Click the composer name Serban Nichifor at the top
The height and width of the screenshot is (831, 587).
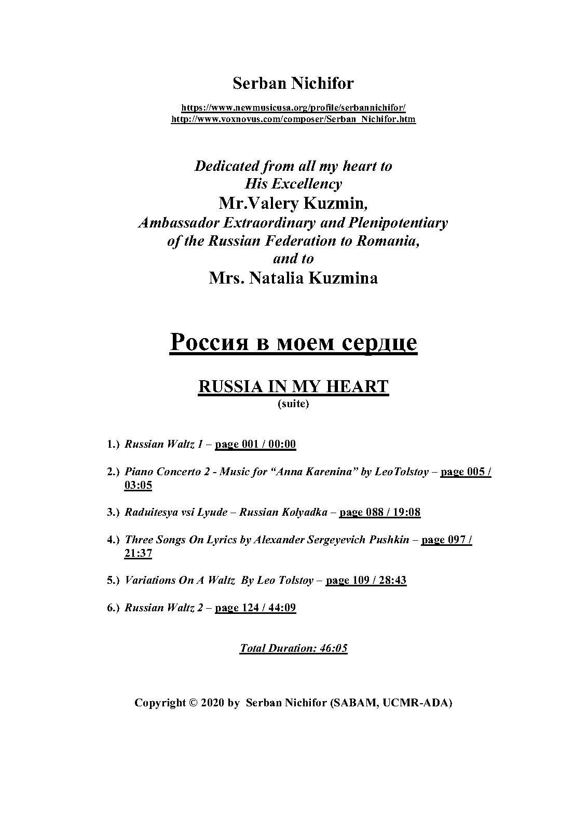293,83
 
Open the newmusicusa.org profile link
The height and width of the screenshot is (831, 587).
293,108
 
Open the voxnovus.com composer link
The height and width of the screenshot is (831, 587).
293,119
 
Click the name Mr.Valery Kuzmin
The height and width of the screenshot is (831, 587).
293,203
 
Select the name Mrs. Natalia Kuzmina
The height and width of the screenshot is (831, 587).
293,278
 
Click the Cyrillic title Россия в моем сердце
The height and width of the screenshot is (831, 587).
293,343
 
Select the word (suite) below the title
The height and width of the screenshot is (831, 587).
293,404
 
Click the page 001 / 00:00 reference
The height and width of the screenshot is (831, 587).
255,444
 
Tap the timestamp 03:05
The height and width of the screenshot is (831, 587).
138,485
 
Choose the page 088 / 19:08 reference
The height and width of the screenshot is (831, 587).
379,512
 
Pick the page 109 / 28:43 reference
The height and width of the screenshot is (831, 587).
366,580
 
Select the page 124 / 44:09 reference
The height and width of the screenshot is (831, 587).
255,608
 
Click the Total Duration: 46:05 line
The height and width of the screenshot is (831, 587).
293,648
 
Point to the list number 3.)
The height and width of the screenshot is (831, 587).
113,512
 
